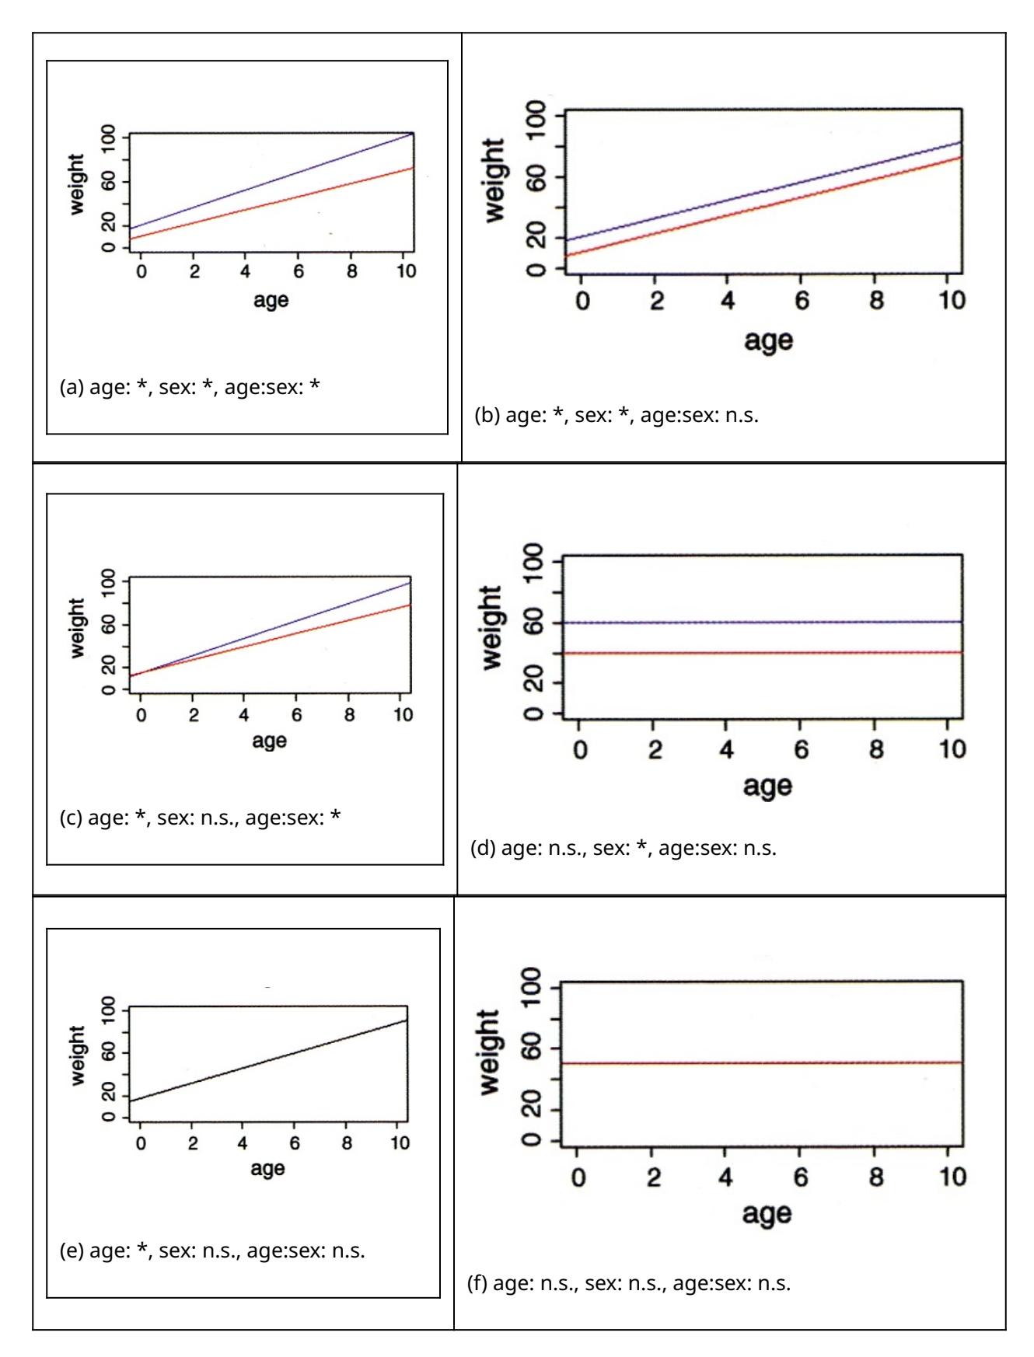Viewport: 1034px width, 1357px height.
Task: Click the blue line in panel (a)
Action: tap(272, 180)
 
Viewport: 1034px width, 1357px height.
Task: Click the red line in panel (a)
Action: tap(272, 203)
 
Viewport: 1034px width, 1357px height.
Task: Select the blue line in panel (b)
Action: tap(762, 191)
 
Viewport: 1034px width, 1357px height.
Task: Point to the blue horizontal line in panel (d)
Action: tap(762, 623)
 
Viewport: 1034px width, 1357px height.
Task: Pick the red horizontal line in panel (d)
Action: tap(762, 653)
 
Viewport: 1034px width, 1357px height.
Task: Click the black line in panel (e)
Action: tap(268, 1060)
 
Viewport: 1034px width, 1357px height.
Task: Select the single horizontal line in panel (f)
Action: tap(762, 1062)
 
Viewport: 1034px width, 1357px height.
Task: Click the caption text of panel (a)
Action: tap(190, 387)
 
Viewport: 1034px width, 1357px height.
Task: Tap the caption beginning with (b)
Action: tap(617, 415)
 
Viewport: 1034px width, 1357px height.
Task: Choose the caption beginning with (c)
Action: tap(200, 818)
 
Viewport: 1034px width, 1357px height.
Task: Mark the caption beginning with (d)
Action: tap(624, 848)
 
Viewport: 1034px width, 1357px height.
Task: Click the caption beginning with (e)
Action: tap(212, 1251)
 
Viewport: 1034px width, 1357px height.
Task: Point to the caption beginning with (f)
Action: tap(628, 1283)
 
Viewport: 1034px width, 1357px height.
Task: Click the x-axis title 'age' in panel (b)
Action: tap(768, 340)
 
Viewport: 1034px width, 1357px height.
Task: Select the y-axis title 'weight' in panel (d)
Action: tap(492, 628)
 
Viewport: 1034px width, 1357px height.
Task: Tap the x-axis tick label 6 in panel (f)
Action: tap(801, 1177)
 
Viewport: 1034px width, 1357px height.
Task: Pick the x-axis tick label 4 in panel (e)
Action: tap(243, 1143)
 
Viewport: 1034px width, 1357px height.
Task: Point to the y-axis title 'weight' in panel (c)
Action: tap(77, 628)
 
